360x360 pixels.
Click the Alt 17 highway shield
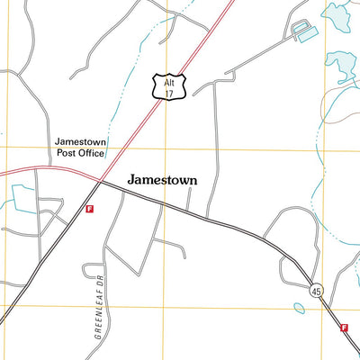coord(168,86)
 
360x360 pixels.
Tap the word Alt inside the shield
coord(168,81)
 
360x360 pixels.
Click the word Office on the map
coord(91,154)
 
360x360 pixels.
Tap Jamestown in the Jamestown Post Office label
coord(81,141)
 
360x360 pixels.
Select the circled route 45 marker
coord(315,291)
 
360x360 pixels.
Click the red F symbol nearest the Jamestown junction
coord(89,209)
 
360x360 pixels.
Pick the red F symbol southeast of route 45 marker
coord(344,328)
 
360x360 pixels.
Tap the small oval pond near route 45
coord(299,308)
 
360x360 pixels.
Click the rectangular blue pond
coord(307,35)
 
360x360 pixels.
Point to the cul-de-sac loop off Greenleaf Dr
coord(91,271)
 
